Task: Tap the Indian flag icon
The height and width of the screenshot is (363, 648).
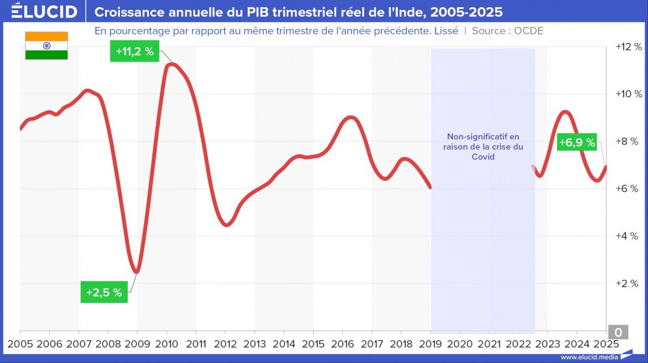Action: [47, 45]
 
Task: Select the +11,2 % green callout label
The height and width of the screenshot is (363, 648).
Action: [135, 52]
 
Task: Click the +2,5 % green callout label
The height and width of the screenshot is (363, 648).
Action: [104, 292]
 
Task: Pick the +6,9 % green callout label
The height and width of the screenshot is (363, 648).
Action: [577, 143]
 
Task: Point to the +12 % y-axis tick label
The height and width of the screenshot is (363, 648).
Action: [628, 47]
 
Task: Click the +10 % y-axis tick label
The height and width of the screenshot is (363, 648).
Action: [628, 94]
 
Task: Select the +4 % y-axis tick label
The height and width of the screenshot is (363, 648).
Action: [628, 236]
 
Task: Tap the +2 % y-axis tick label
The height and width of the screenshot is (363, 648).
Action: [628, 283]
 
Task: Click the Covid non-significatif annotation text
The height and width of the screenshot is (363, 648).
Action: [483, 146]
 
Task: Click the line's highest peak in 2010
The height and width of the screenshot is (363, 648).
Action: [170, 63]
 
